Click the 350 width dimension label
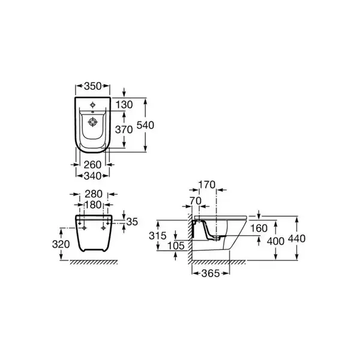point(93,86)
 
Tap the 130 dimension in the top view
point(124,104)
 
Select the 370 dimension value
point(124,130)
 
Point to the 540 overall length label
point(145,125)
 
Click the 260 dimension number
point(92,164)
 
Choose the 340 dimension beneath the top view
point(93,176)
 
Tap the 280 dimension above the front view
point(94,194)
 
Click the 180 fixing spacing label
point(93,205)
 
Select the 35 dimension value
point(132,222)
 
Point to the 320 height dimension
point(61,244)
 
